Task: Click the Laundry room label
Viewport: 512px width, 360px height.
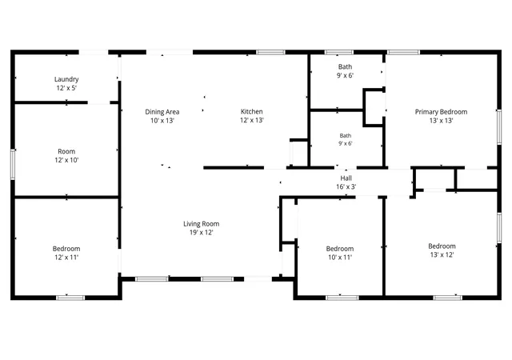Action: (66, 79)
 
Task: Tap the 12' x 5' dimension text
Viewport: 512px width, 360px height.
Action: (66, 88)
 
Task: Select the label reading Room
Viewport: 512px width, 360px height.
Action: (66, 151)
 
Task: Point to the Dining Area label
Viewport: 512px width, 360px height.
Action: (162, 112)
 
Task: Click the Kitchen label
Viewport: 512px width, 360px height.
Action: (251, 111)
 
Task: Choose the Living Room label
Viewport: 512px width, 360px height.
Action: (201, 224)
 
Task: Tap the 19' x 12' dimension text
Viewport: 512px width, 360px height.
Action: (201, 233)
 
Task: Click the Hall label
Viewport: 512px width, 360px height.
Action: (346, 178)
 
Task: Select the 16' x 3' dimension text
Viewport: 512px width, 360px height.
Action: (346, 186)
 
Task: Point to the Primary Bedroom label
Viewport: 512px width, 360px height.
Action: (441, 112)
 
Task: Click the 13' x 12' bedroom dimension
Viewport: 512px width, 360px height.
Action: (442, 255)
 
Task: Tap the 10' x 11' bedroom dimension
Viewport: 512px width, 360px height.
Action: (340, 257)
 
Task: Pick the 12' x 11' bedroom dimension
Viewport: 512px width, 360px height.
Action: (66, 257)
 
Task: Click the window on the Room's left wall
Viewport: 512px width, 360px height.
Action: (13, 164)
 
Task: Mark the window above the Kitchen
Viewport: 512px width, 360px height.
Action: (270, 52)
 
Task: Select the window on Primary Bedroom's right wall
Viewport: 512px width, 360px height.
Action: (499, 126)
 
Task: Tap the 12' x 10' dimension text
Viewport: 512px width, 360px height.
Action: (66, 160)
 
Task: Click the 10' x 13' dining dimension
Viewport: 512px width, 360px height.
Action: (162, 121)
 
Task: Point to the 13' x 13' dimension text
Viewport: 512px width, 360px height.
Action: (441, 121)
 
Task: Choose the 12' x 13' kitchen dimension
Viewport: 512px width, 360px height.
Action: (251, 120)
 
